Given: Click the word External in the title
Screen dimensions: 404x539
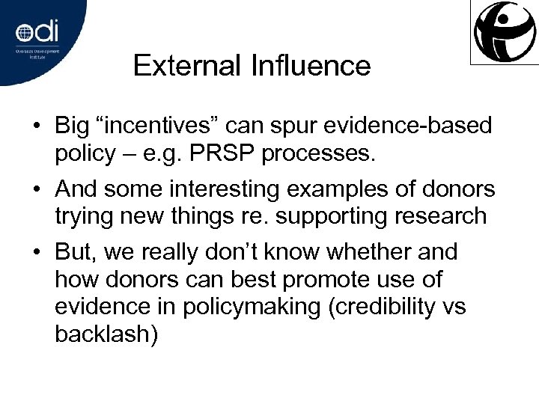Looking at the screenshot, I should coord(183,66).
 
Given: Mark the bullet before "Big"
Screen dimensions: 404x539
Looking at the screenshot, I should coord(35,127).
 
